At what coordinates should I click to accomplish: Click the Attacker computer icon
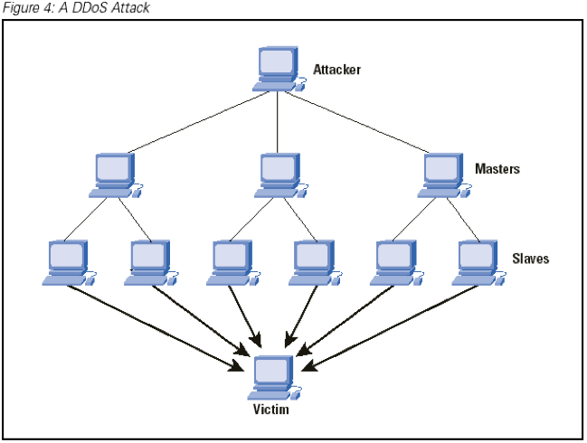(279, 69)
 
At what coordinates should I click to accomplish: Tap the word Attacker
(337, 70)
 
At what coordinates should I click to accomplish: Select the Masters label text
(497, 169)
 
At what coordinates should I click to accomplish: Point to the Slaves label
(531, 259)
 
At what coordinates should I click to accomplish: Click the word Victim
(271, 409)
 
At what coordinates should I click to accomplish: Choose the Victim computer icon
(274, 378)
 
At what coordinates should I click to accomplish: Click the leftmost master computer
(116, 175)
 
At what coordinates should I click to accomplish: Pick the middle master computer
(281, 175)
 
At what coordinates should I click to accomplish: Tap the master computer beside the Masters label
(444, 175)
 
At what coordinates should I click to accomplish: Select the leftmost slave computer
(70, 263)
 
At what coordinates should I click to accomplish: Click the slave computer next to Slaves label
(479, 263)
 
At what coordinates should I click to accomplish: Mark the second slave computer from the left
(151, 263)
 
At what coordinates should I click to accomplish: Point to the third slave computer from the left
(233, 263)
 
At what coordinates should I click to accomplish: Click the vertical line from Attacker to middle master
(278, 122)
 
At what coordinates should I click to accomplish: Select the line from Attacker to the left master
(198, 122)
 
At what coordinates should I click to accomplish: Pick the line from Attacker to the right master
(357, 122)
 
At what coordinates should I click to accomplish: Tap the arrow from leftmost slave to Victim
(156, 328)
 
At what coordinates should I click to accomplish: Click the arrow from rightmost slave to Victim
(389, 328)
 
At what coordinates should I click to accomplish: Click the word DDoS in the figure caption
(90, 8)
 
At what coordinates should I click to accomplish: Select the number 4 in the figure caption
(48, 8)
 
